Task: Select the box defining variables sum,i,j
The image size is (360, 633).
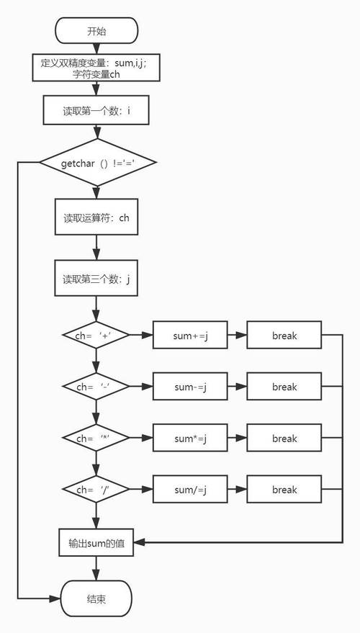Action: point(96,68)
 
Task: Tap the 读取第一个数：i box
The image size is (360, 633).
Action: point(96,112)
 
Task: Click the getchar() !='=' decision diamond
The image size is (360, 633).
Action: point(96,163)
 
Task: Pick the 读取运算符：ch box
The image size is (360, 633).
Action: point(96,217)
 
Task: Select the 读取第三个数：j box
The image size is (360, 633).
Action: point(96,279)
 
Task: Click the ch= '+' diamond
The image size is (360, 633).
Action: point(96,336)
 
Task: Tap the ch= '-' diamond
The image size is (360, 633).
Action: point(96,387)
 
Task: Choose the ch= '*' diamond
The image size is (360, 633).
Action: point(96,439)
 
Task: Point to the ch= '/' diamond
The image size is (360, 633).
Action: point(96,490)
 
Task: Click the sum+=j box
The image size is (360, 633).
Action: point(190,336)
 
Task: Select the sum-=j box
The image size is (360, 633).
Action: point(190,387)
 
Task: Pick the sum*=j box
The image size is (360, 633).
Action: point(190,439)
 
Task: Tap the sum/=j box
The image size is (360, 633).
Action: point(190,490)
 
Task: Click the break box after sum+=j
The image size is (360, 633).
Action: point(284,336)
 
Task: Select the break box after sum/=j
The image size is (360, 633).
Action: point(284,490)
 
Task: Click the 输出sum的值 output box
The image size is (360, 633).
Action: point(96,542)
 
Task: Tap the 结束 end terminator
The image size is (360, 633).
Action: point(96,598)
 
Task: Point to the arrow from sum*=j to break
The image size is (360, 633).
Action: point(238,439)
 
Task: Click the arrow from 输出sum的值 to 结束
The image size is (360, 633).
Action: point(96,568)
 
